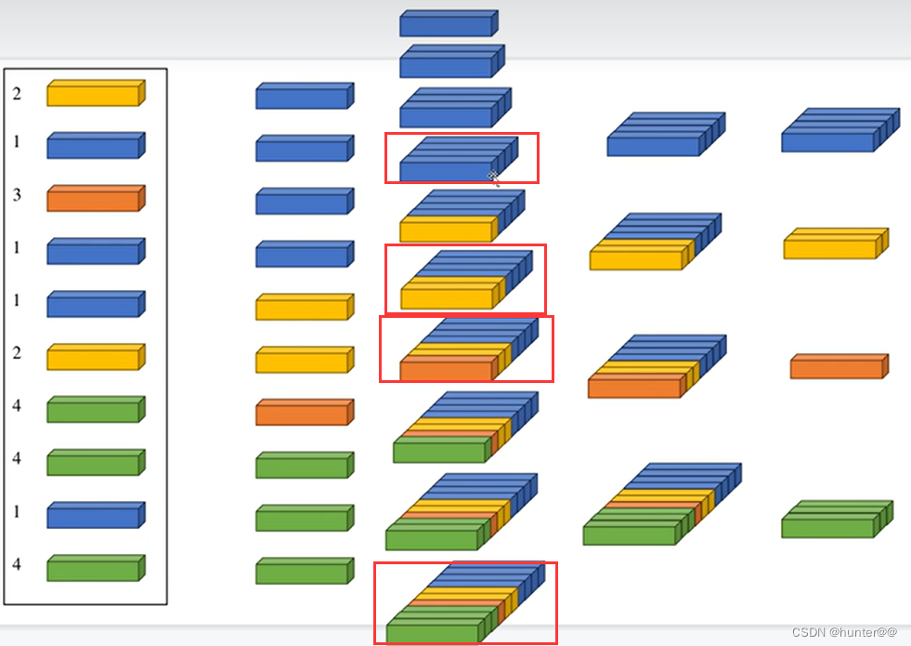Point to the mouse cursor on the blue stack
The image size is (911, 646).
(493, 176)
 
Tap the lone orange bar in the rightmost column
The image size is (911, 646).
(839, 366)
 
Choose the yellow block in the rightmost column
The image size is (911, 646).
(835, 244)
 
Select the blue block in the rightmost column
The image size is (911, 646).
(839, 130)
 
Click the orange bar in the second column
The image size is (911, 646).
(304, 412)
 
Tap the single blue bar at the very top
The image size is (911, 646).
(449, 24)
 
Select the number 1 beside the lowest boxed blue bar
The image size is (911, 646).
(17, 514)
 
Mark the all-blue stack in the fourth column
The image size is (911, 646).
(665, 135)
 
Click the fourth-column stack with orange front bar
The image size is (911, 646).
(654, 366)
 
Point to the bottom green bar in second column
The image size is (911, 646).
(304, 571)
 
